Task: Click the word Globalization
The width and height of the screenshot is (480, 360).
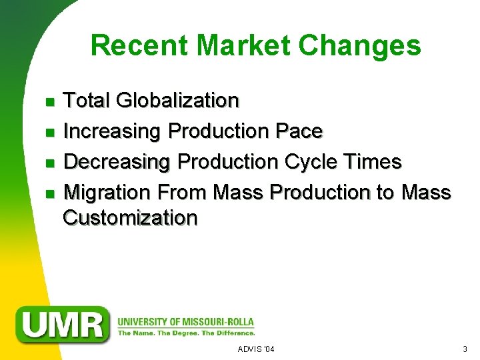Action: point(177,101)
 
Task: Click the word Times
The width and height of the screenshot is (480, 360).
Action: point(373,162)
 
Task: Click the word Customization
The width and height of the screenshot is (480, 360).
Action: point(130,218)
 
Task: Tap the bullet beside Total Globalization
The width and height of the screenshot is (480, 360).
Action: point(49,102)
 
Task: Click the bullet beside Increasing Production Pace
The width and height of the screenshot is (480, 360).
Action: point(49,133)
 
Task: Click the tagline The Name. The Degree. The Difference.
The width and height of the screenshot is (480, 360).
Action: point(186,332)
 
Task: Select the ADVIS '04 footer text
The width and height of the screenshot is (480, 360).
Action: point(255,349)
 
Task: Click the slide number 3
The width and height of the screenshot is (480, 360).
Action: point(465,349)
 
